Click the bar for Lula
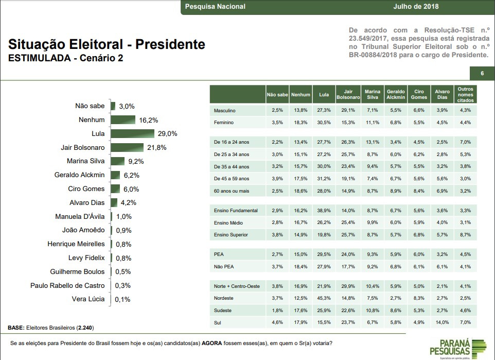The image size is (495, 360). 133,133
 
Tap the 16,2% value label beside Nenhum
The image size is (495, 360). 148,120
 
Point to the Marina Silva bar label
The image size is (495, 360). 86,161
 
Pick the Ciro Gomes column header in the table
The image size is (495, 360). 419,94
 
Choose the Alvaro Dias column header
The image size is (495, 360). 442,94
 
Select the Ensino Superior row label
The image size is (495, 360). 231,234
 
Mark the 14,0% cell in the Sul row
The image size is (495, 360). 443,322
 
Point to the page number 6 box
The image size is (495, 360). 482,74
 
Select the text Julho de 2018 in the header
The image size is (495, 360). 415,7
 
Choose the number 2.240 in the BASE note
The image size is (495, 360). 84,328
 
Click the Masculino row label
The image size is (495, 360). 225,110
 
